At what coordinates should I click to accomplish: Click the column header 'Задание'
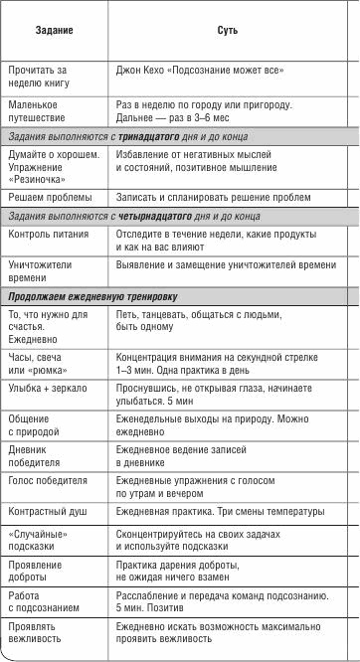[54, 32]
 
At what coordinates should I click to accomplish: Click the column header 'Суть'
[227, 32]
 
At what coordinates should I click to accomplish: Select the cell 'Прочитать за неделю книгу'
[37, 77]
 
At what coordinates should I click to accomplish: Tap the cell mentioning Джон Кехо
[200, 70]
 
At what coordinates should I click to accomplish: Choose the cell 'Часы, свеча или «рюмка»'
[39, 364]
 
